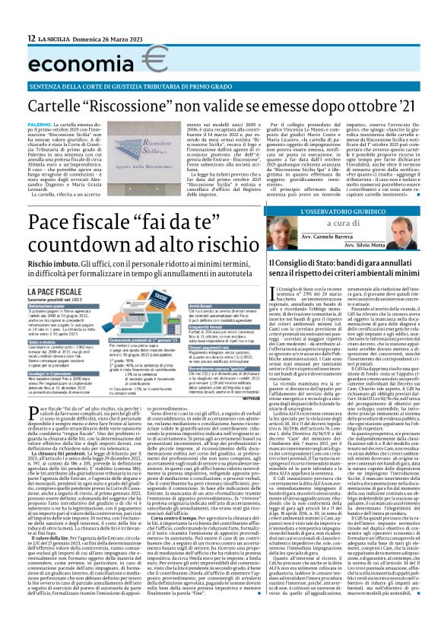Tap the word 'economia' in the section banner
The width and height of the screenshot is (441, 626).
coord(77,59)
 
